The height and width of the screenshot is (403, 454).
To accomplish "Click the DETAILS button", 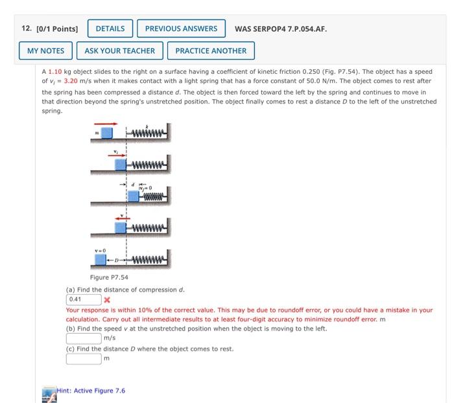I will (x=110, y=29).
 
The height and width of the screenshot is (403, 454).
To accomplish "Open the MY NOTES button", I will (x=45, y=51).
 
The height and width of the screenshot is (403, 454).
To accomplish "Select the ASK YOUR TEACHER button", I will (x=120, y=51).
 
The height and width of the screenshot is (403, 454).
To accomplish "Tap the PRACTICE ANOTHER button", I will (x=211, y=51).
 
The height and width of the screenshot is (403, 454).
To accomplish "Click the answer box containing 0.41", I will (x=83, y=299).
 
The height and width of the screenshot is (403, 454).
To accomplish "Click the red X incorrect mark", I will (x=107, y=300).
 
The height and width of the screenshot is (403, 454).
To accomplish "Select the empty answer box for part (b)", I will (x=83, y=338).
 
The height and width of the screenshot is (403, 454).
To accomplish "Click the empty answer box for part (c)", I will (x=83, y=358).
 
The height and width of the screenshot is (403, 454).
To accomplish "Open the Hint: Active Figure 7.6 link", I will (x=91, y=391).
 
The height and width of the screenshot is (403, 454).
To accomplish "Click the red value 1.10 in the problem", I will (x=56, y=71).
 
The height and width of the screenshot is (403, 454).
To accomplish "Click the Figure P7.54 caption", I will (x=109, y=277).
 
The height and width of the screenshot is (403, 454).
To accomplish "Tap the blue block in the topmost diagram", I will (x=107, y=133).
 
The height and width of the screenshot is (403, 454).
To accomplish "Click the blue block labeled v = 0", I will (x=101, y=259).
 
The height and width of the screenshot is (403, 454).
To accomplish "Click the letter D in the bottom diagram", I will (x=117, y=260).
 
